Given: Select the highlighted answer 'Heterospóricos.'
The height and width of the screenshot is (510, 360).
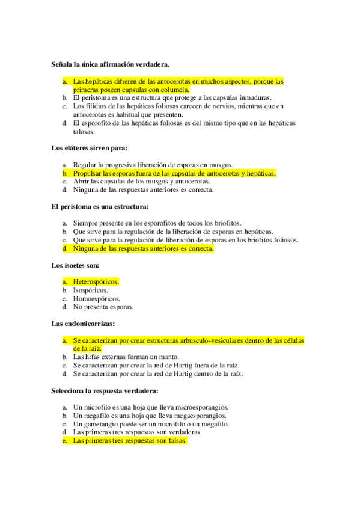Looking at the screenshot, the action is (96, 281).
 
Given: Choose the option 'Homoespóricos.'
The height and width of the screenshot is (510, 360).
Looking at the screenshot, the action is (96, 298).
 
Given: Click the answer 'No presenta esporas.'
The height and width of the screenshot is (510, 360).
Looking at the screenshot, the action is (103, 307).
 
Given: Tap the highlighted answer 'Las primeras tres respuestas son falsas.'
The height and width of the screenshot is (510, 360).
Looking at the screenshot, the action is (130, 441).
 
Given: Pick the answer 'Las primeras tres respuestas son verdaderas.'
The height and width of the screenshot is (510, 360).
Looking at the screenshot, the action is (136, 432).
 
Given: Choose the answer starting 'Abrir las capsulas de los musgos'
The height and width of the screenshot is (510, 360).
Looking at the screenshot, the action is (141, 181).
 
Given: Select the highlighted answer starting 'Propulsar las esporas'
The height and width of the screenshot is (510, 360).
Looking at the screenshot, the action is (174, 173).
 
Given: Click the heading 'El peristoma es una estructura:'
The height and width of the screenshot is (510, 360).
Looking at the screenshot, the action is (100, 206).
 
